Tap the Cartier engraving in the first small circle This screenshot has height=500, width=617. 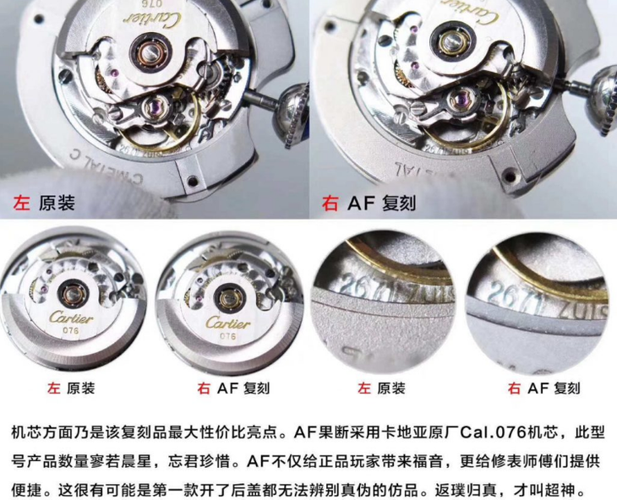point(66,316)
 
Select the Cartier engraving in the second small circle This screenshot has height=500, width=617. point(224,323)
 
